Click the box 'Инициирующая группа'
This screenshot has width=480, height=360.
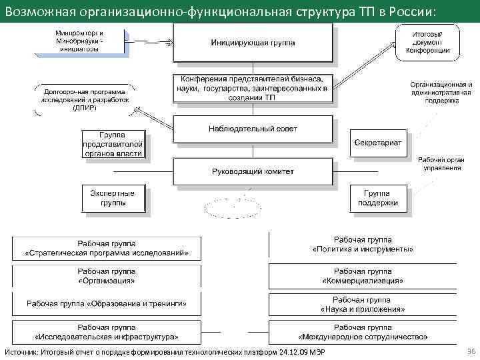[x=253, y=43]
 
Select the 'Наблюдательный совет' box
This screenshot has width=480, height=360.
[x=253, y=128]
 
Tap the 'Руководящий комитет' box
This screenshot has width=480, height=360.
[x=253, y=171]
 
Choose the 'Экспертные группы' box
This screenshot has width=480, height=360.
[x=112, y=198]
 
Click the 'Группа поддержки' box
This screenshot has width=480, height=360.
[x=377, y=198]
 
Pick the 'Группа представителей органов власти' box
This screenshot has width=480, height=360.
[x=112, y=144]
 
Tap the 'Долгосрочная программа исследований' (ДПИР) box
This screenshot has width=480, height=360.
[x=84, y=98]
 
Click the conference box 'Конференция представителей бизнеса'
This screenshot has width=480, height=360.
[x=253, y=87]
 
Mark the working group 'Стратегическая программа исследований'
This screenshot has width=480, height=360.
[x=106, y=248]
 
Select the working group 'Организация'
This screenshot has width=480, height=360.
[x=106, y=276]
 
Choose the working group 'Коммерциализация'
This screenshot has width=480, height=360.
[x=363, y=276]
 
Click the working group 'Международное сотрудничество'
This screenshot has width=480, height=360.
[x=363, y=332]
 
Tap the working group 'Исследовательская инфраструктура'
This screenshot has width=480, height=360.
[x=106, y=332]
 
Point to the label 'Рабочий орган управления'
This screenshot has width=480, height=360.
[x=441, y=163]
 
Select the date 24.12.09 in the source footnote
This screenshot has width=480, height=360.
[x=293, y=352]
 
